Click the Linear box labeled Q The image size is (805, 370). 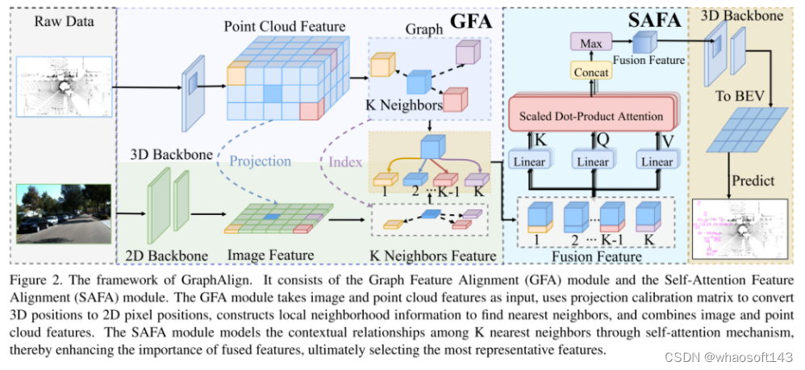(593, 162)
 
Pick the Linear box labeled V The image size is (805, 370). (656, 162)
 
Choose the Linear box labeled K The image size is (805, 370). (528, 162)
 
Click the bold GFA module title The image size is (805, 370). (470, 22)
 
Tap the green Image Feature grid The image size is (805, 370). (279, 217)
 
